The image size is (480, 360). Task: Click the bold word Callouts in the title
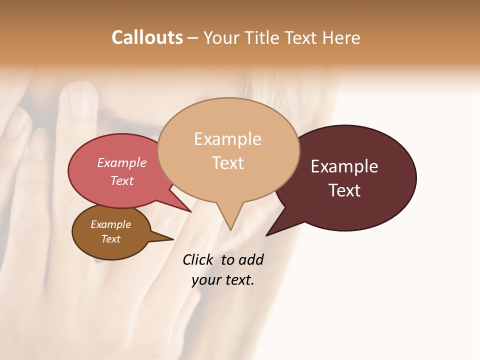(x=147, y=37)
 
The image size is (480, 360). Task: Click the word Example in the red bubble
(x=122, y=162)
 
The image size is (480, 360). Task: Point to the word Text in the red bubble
(x=122, y=180)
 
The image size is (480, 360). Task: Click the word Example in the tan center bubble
(x=227, y=139)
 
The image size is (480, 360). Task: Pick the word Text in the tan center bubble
(x=227, y=163)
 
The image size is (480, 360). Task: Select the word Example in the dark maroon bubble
(x=344, y=166)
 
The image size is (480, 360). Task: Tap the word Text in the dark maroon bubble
(x=344, y=190)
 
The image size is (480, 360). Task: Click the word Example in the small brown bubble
(x=110, y=224)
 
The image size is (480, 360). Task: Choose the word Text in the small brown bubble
(x=110, y=239)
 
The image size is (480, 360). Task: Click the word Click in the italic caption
(x=197, y=260)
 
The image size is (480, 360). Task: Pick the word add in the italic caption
(x=250, y=260)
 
